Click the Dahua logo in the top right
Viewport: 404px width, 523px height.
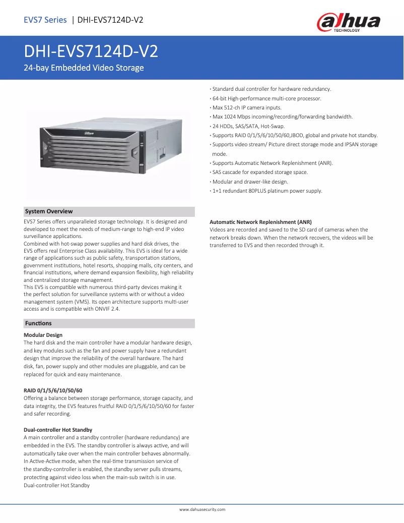pos(348,22)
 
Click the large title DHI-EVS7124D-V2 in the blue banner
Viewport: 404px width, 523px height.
pos(91,51)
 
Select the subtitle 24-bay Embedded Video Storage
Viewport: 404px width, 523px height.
pos(84,68)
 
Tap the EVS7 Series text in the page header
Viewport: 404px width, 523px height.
pos(45,20)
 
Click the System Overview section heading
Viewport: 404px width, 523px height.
pos(49,211)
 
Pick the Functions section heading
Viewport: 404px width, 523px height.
pos(38,323)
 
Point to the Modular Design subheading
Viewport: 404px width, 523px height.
pos(43,335)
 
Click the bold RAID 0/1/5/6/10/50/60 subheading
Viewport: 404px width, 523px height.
pos(53,390)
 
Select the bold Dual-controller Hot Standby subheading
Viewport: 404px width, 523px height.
pos(58,430)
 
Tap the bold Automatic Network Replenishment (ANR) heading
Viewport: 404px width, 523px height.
pos(260,222)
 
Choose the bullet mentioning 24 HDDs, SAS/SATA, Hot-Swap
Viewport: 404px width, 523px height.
pos(248,126)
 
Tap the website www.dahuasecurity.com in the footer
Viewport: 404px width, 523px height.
pos(202,509)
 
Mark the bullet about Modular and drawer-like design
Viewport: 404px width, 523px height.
pos(250,182)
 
